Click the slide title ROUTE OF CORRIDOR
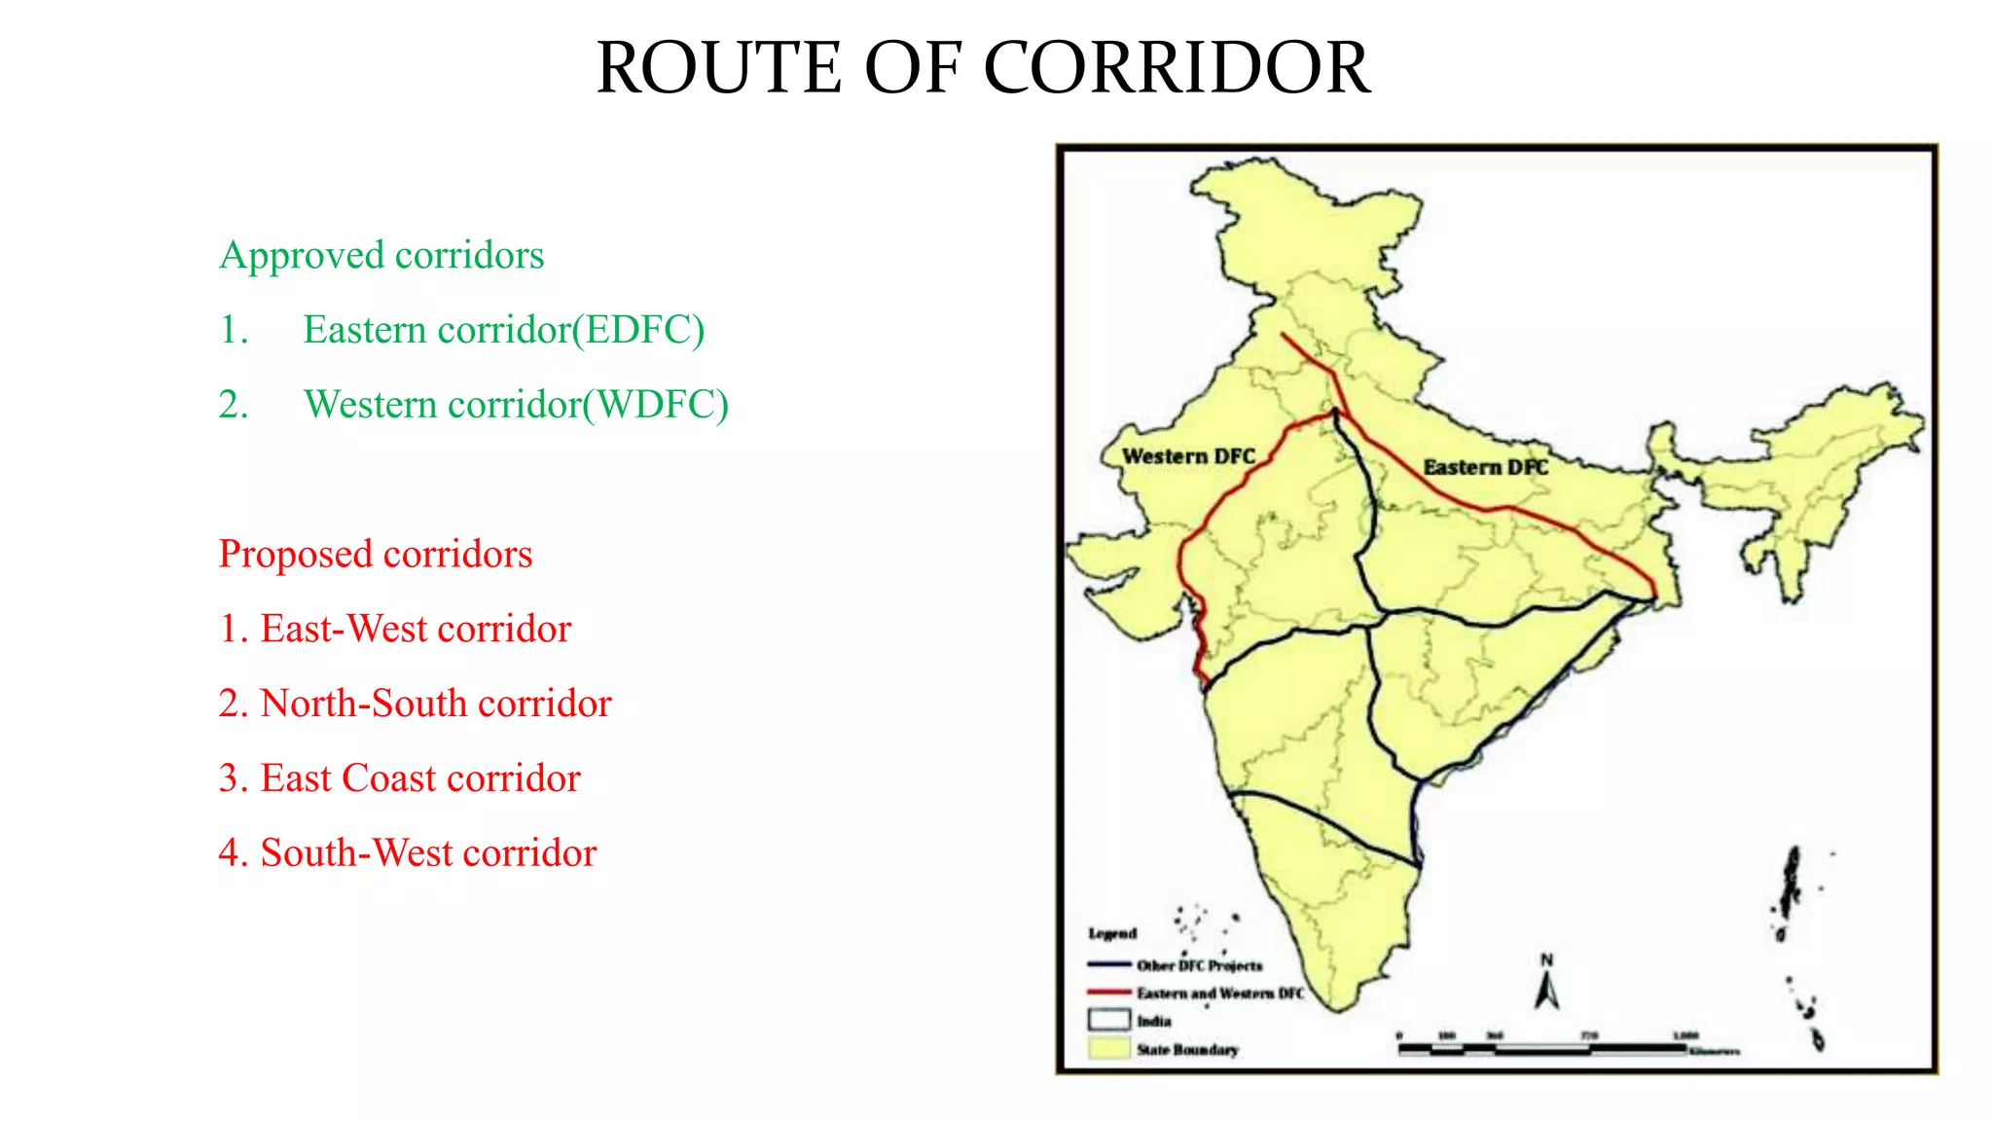pyautogui.click(x=983, y=68)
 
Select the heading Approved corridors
pyautogui.click(x=381, y=255)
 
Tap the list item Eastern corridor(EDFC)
pyautogui.click(x=503, y=330)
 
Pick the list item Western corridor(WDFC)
pyautogui.click(x=516, y=405)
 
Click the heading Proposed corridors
pyautogui.click(x=376, y=554)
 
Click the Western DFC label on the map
pyautogui.click(x=1188, y=456)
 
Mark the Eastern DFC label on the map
pyautogui.click(x=1485, y=467)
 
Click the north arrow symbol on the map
pyautogui.click(x=1547, y=985)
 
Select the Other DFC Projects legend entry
pyautogui.click(x=1199, y=965)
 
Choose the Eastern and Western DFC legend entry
pyautogui.click(x=1219, y=993)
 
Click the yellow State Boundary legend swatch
pyautogui.click(x=1108, y=1049)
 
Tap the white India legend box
pyautogui.click(x=1108, y=1021)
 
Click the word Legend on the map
pyautogui.click(x=1112, y=933)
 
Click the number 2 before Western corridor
pyautogui.click(x=234, y=405)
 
